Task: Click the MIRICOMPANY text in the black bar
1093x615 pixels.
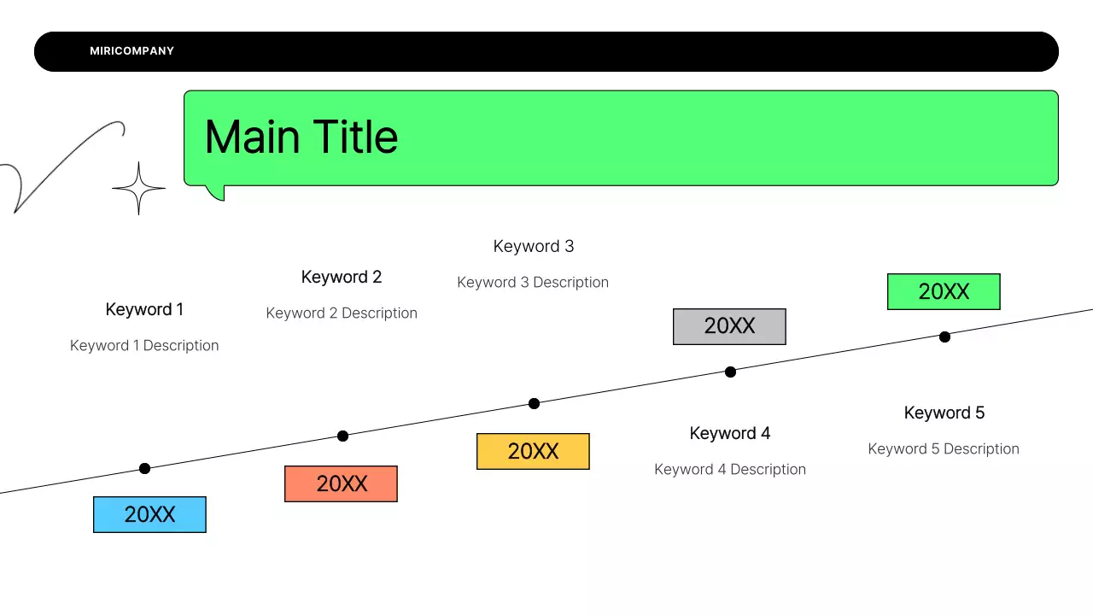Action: (132, 51)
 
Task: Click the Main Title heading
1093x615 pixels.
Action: (301, 137)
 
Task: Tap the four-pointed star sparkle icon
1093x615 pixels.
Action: (138, 188)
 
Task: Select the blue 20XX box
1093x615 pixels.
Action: (149, 514)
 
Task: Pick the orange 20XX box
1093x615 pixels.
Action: (341, 483)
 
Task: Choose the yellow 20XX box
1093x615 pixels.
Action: (533, 451)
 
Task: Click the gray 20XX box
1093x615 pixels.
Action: (729, 326)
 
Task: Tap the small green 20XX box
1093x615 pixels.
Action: (944, 291)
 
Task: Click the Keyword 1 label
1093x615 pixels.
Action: (144, 309)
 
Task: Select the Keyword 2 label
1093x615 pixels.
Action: (342, 277)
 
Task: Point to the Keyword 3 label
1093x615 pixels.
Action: (534, 246)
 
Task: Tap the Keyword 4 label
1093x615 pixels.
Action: (730, 433)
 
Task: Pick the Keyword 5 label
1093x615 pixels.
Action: (944, 413)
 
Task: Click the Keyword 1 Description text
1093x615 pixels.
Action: (144, 345)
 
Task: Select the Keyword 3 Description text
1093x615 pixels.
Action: (533, 282)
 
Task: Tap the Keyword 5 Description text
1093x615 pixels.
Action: (944, 448)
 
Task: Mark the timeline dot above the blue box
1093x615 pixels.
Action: (144, 468)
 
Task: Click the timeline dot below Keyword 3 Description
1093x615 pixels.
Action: (534, 403)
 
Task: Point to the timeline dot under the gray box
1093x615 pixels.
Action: (730, 372)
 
